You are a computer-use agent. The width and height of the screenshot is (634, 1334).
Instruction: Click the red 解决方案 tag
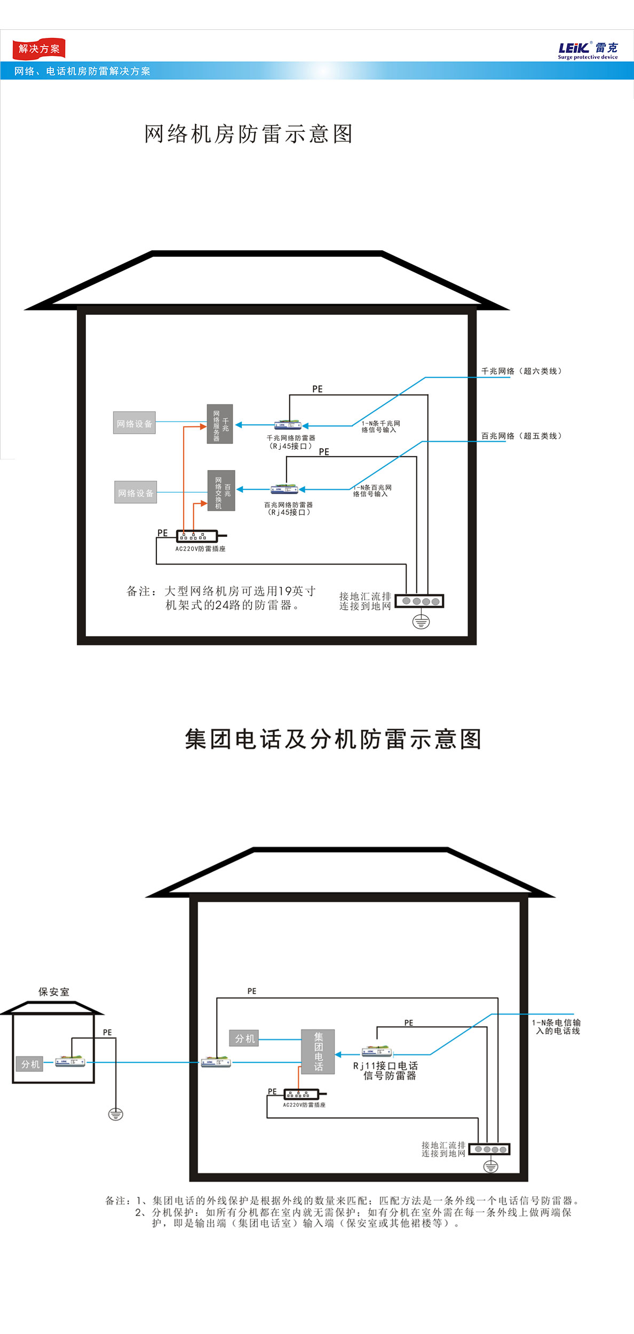pyautogui.click(x=38, y=49)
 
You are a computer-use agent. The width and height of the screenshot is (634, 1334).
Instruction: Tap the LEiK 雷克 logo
pyautogui.click(x=588, y=50)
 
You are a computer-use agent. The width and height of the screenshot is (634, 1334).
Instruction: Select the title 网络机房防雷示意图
pyautogui.click(x=249, y=134)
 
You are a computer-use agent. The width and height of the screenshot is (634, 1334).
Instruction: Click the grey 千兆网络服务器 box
pyautogui.click(x=220, y=424)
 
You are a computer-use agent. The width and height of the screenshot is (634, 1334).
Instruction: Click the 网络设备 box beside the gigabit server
pyautogui.click(x=134, y=423)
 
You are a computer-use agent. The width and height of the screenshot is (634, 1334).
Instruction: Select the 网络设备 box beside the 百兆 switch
pyautogui.click(x=136, y=493)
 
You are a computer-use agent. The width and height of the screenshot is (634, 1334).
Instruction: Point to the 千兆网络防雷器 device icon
pyautogui.click(x=288, y=425)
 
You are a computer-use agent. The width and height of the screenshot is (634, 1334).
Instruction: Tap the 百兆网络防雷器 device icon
pyautogui.click(x=284, y=489)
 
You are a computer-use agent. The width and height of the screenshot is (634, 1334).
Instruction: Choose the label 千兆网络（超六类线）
pyautogui.click(x=521, y=371)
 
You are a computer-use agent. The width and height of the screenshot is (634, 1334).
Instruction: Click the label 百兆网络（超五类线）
pyautogui.click(x=521, y=436)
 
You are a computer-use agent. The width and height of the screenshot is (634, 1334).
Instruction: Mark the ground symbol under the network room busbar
pyautogui.click(x=421, y=622)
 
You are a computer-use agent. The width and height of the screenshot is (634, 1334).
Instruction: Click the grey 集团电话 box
pyautogui.click(x=318, y=1052)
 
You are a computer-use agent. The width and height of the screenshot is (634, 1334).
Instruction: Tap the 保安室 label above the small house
pyautogui.click(x=54, y=992)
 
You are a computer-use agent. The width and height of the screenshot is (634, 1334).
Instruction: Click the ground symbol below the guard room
pyautogui.click(x=116, y=1114)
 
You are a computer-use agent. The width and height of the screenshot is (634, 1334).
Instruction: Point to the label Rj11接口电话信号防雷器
pyautogui.click(x=385, y=1070)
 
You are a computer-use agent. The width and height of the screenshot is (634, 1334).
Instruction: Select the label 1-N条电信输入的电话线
pyautogui.click(x=557, y=1027)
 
